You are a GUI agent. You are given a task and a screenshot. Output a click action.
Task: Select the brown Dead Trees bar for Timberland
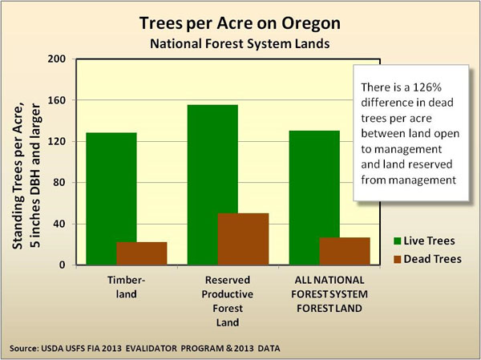[142, 253]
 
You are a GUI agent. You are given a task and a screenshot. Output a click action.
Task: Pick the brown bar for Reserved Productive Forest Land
[243, 239]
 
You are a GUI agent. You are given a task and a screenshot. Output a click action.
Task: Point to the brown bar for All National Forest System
[345, 251]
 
